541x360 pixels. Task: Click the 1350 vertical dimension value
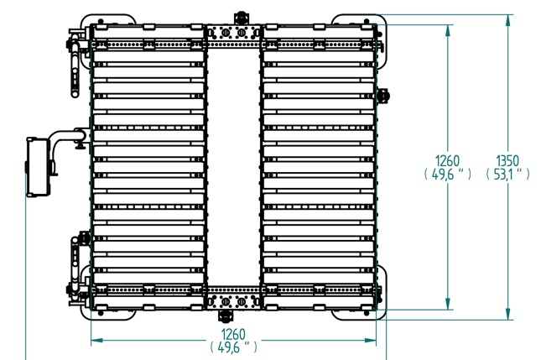pyautogui.click(x=507, y=161)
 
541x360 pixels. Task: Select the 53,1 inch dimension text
pyautogui.click(x=507, y=175)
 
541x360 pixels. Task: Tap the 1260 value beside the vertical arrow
pyautogui.click(x=448, y=161)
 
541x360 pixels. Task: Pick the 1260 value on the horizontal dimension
pyautogui.click(x=233, y=334)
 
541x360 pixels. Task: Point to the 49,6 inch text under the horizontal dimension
pyautogui.click(x=233, y=347)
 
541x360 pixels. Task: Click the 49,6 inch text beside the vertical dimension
pyautogui.click(x=448, y=175)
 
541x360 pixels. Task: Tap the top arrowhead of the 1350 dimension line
pyautogui.click(x=507, y=21)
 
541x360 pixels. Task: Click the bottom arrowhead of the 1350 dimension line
pyautogui.click(x=507, y=314)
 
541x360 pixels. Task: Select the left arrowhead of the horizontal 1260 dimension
pyautogui.click(x=96, y=341)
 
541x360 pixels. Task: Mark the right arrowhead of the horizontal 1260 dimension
pyautogui.click(x=370, y=341)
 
